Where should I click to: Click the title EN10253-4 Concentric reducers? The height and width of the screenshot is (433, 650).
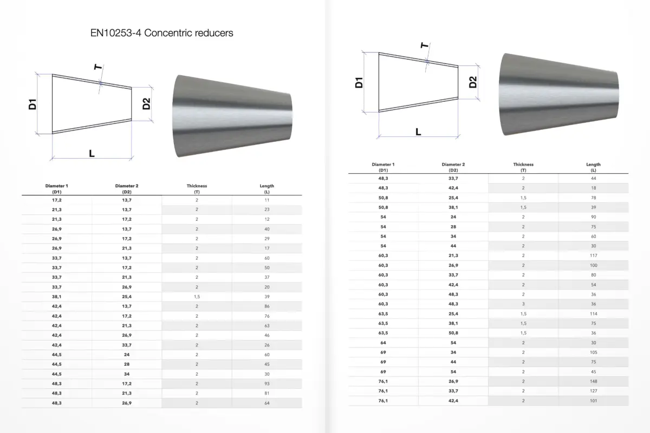pyautogui.click(x=161, y=33)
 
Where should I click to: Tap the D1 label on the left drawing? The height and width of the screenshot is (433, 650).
pyautogui.click(x=32, y=104)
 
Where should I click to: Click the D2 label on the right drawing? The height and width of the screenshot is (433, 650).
pyautogui.click(x=473, y=82)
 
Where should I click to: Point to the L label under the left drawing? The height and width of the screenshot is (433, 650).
pyautogui.click(x=92, y=153)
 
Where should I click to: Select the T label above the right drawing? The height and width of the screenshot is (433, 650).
pyautogui.click(x=425, y=45)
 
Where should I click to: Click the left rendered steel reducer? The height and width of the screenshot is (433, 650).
pyautogui.click(x=232, y=116)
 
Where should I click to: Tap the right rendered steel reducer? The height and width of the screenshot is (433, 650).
pyautogui.click(x=559, y=94)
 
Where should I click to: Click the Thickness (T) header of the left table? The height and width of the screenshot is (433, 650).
pyautogui.click(x=197, y=189)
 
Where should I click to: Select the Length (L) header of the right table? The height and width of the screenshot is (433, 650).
pyautogui.click(x=593, y=167)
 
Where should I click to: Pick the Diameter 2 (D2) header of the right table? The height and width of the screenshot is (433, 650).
pyautogui.click(x=453, y=167)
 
